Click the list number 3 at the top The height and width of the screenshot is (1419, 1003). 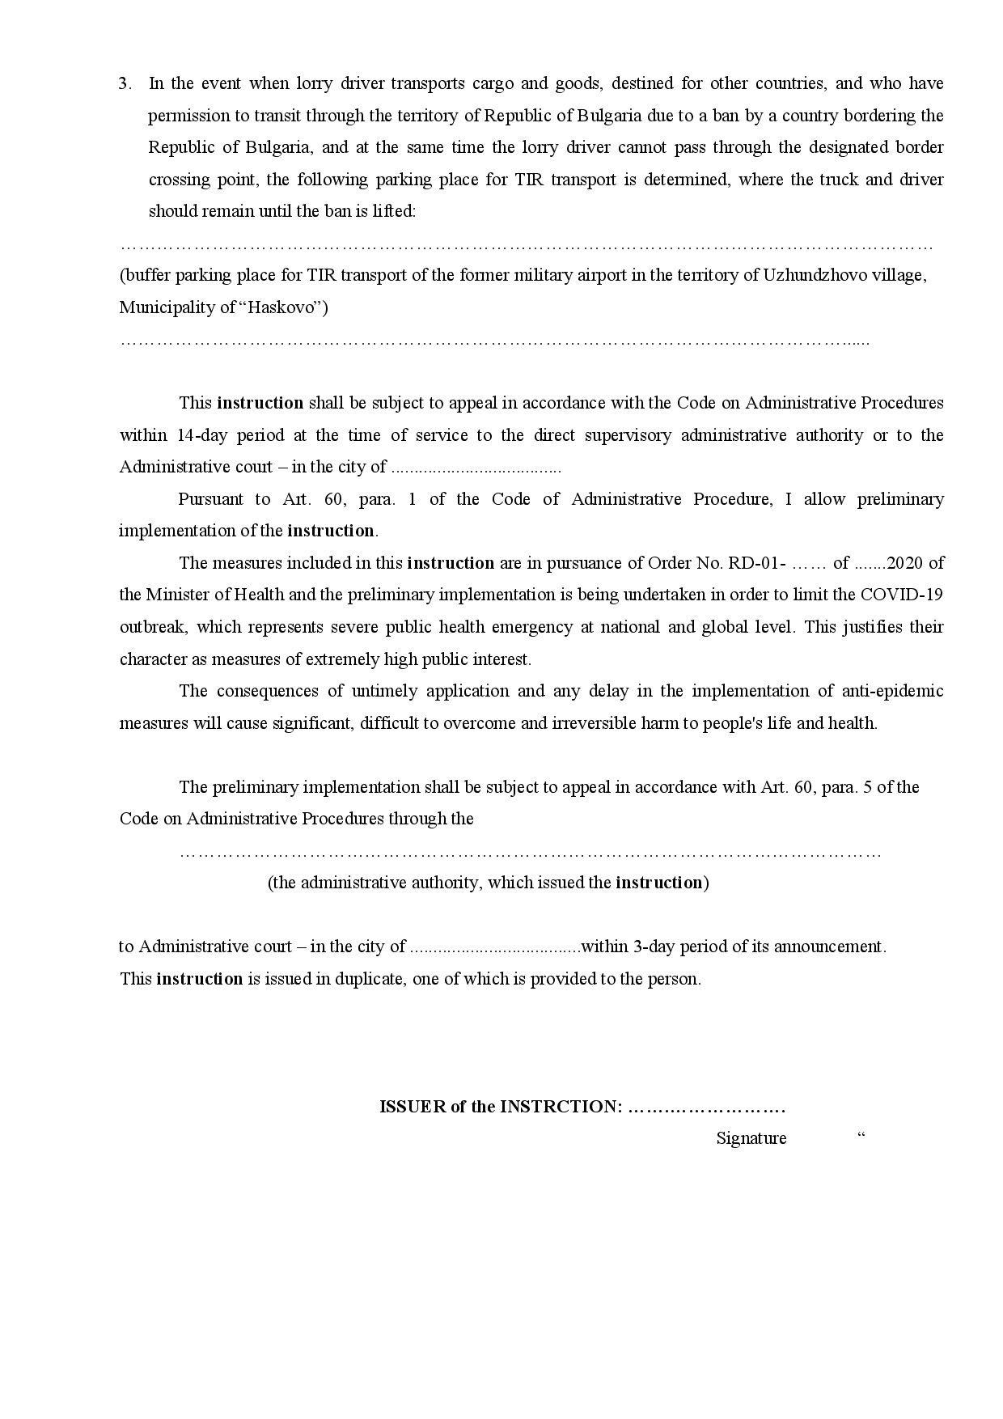[124, 83]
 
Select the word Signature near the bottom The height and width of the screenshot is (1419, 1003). [751, 1138]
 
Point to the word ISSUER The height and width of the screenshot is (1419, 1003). [413, 1107]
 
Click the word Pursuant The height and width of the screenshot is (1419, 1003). [210, 499]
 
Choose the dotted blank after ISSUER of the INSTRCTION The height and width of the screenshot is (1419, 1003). [706, 1107]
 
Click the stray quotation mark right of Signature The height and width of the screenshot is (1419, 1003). [861, 1135]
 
